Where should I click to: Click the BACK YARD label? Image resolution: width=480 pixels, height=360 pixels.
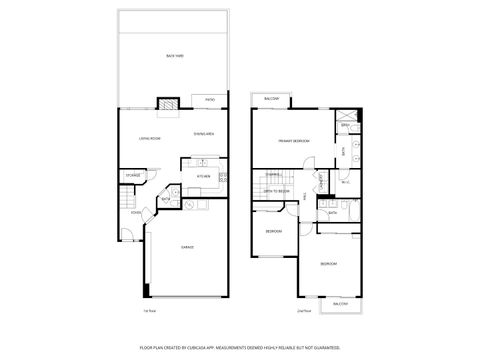(x=174, y=56)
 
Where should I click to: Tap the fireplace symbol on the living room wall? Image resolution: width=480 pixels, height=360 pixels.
(x=168, y=103)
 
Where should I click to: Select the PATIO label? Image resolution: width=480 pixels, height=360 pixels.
(x=210, y=100)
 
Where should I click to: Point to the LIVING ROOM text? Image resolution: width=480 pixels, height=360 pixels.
(x=150, y=139)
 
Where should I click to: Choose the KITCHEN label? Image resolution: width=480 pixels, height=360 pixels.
(x=203, y=176)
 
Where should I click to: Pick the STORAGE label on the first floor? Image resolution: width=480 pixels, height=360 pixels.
(x=132, y=176)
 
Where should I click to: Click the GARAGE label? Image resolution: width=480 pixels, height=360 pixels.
(x=187, y=246)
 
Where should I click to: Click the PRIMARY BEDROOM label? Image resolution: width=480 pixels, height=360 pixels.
(x=293, y=142)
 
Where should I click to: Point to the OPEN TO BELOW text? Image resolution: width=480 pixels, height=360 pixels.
(x=277, y=190)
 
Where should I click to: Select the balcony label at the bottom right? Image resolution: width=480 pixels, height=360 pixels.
(x=341, y=303)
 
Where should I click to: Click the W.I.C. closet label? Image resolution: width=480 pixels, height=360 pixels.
(x=344, y=182)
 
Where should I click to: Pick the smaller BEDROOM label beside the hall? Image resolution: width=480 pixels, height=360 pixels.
(x=273, y=232)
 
